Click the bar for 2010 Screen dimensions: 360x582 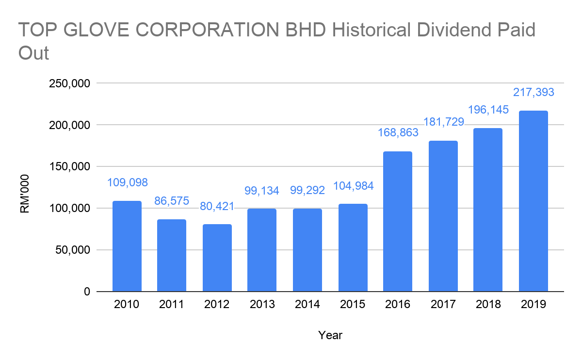[x=127, y=246]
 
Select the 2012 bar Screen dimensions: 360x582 [x=217, y=258]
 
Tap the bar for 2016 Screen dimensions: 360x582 [x=398, y=221]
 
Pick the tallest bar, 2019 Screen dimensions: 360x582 [x=533, y=201]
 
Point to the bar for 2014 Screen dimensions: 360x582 [x=307, y=250]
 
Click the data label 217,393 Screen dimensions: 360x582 [x=533, y=92]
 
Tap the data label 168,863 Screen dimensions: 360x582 [x=398, y=132]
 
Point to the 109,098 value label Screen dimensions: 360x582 [x=127, y=182]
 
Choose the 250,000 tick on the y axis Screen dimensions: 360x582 [x=70, y=83]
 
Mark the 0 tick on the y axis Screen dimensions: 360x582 [x=87, y=292]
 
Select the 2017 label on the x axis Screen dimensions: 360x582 [x=443, y=305]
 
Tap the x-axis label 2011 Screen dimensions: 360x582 [x=172, y=305]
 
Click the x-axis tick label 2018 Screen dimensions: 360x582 [x=488, y=305]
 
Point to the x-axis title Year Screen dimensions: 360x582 [x=330, y=335]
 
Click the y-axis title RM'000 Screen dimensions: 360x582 [x=25, y=194]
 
